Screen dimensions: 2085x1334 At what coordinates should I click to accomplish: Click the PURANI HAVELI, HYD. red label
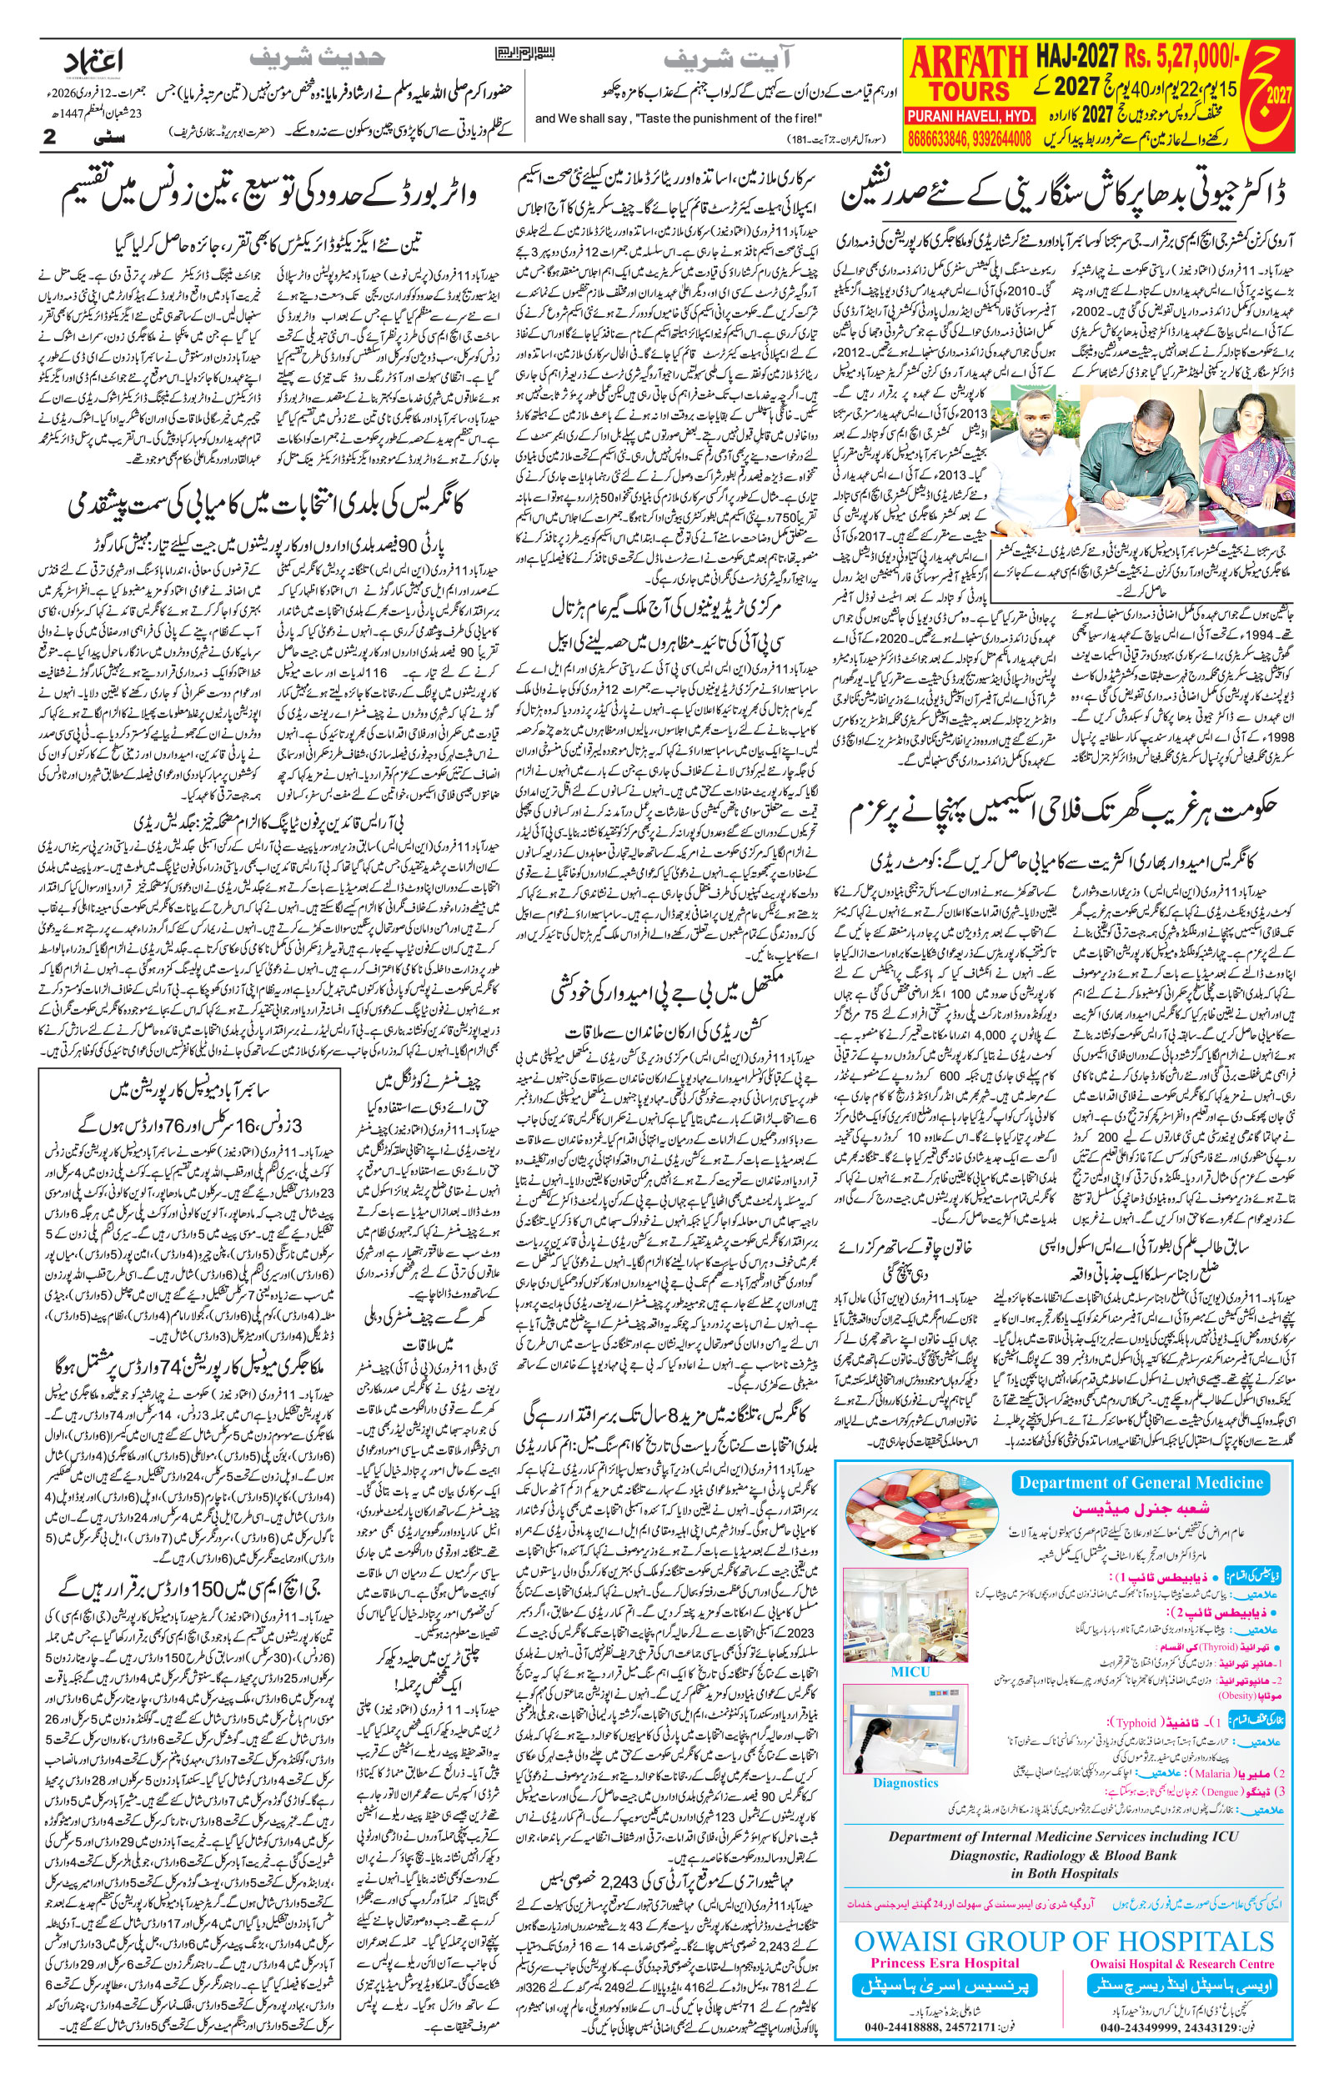[x=966, y=115]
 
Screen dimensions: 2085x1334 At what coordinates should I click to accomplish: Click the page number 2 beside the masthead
[x=50, y=136]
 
